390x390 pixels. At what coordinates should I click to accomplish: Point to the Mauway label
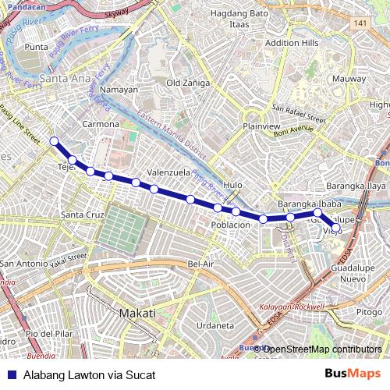348,79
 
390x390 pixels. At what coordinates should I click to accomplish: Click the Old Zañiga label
184,82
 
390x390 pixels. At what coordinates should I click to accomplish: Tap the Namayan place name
119,90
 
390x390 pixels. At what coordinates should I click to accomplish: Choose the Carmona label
101,124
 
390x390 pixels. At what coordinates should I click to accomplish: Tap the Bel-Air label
200,264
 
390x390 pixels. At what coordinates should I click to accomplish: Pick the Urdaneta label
215,325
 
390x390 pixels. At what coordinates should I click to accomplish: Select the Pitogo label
369,312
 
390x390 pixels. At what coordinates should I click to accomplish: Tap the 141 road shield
360,25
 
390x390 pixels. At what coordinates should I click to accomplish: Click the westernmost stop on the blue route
55,141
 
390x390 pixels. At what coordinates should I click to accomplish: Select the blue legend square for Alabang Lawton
11,375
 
